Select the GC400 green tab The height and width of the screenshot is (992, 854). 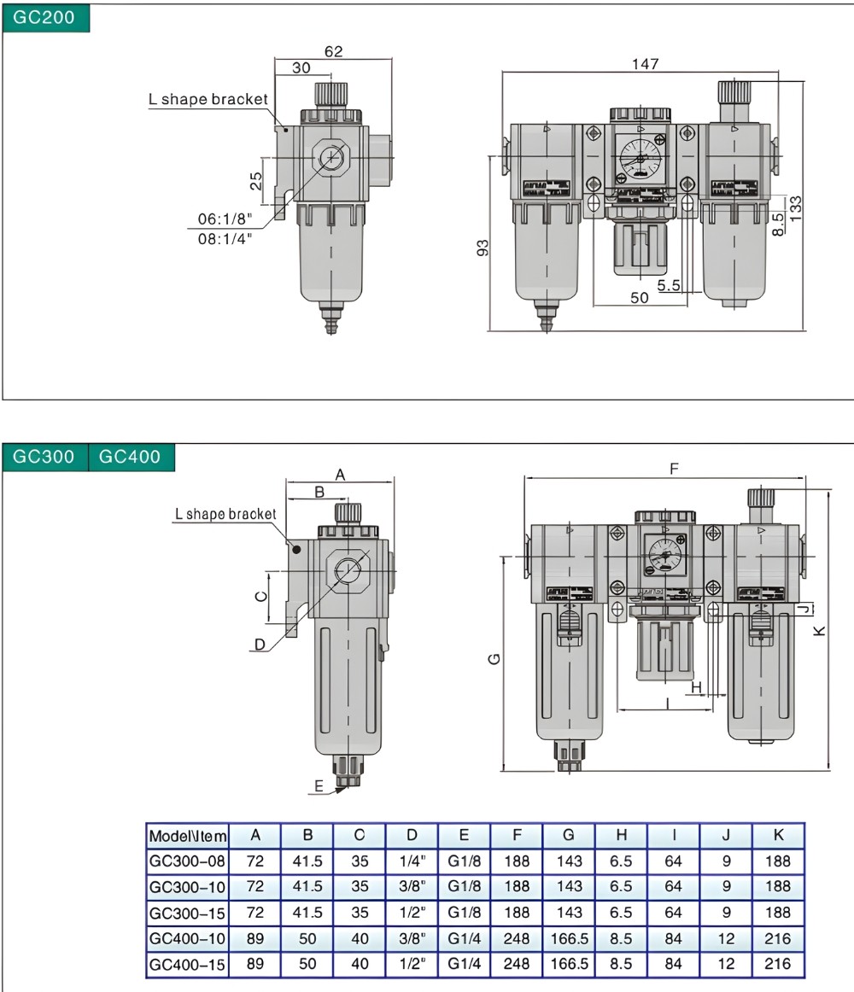point(131,456)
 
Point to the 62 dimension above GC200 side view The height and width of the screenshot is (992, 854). point(333,51)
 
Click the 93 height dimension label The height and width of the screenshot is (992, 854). point(483,248)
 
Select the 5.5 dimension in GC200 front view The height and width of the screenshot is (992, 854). point(669,285)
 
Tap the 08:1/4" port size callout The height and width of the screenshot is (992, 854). point(223,239)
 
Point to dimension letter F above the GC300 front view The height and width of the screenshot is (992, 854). point(674,468)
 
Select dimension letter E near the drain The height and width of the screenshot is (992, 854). point(319,786)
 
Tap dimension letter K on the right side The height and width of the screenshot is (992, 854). point(818,630)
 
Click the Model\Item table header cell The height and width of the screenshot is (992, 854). point(187,835)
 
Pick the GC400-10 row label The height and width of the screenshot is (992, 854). point(187,938)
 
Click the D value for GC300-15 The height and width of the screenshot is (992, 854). point(412,913)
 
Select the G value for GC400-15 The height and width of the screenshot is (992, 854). point(569,964)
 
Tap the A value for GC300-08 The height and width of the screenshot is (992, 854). point(254,861)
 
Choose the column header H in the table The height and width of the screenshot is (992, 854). point(621,835)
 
